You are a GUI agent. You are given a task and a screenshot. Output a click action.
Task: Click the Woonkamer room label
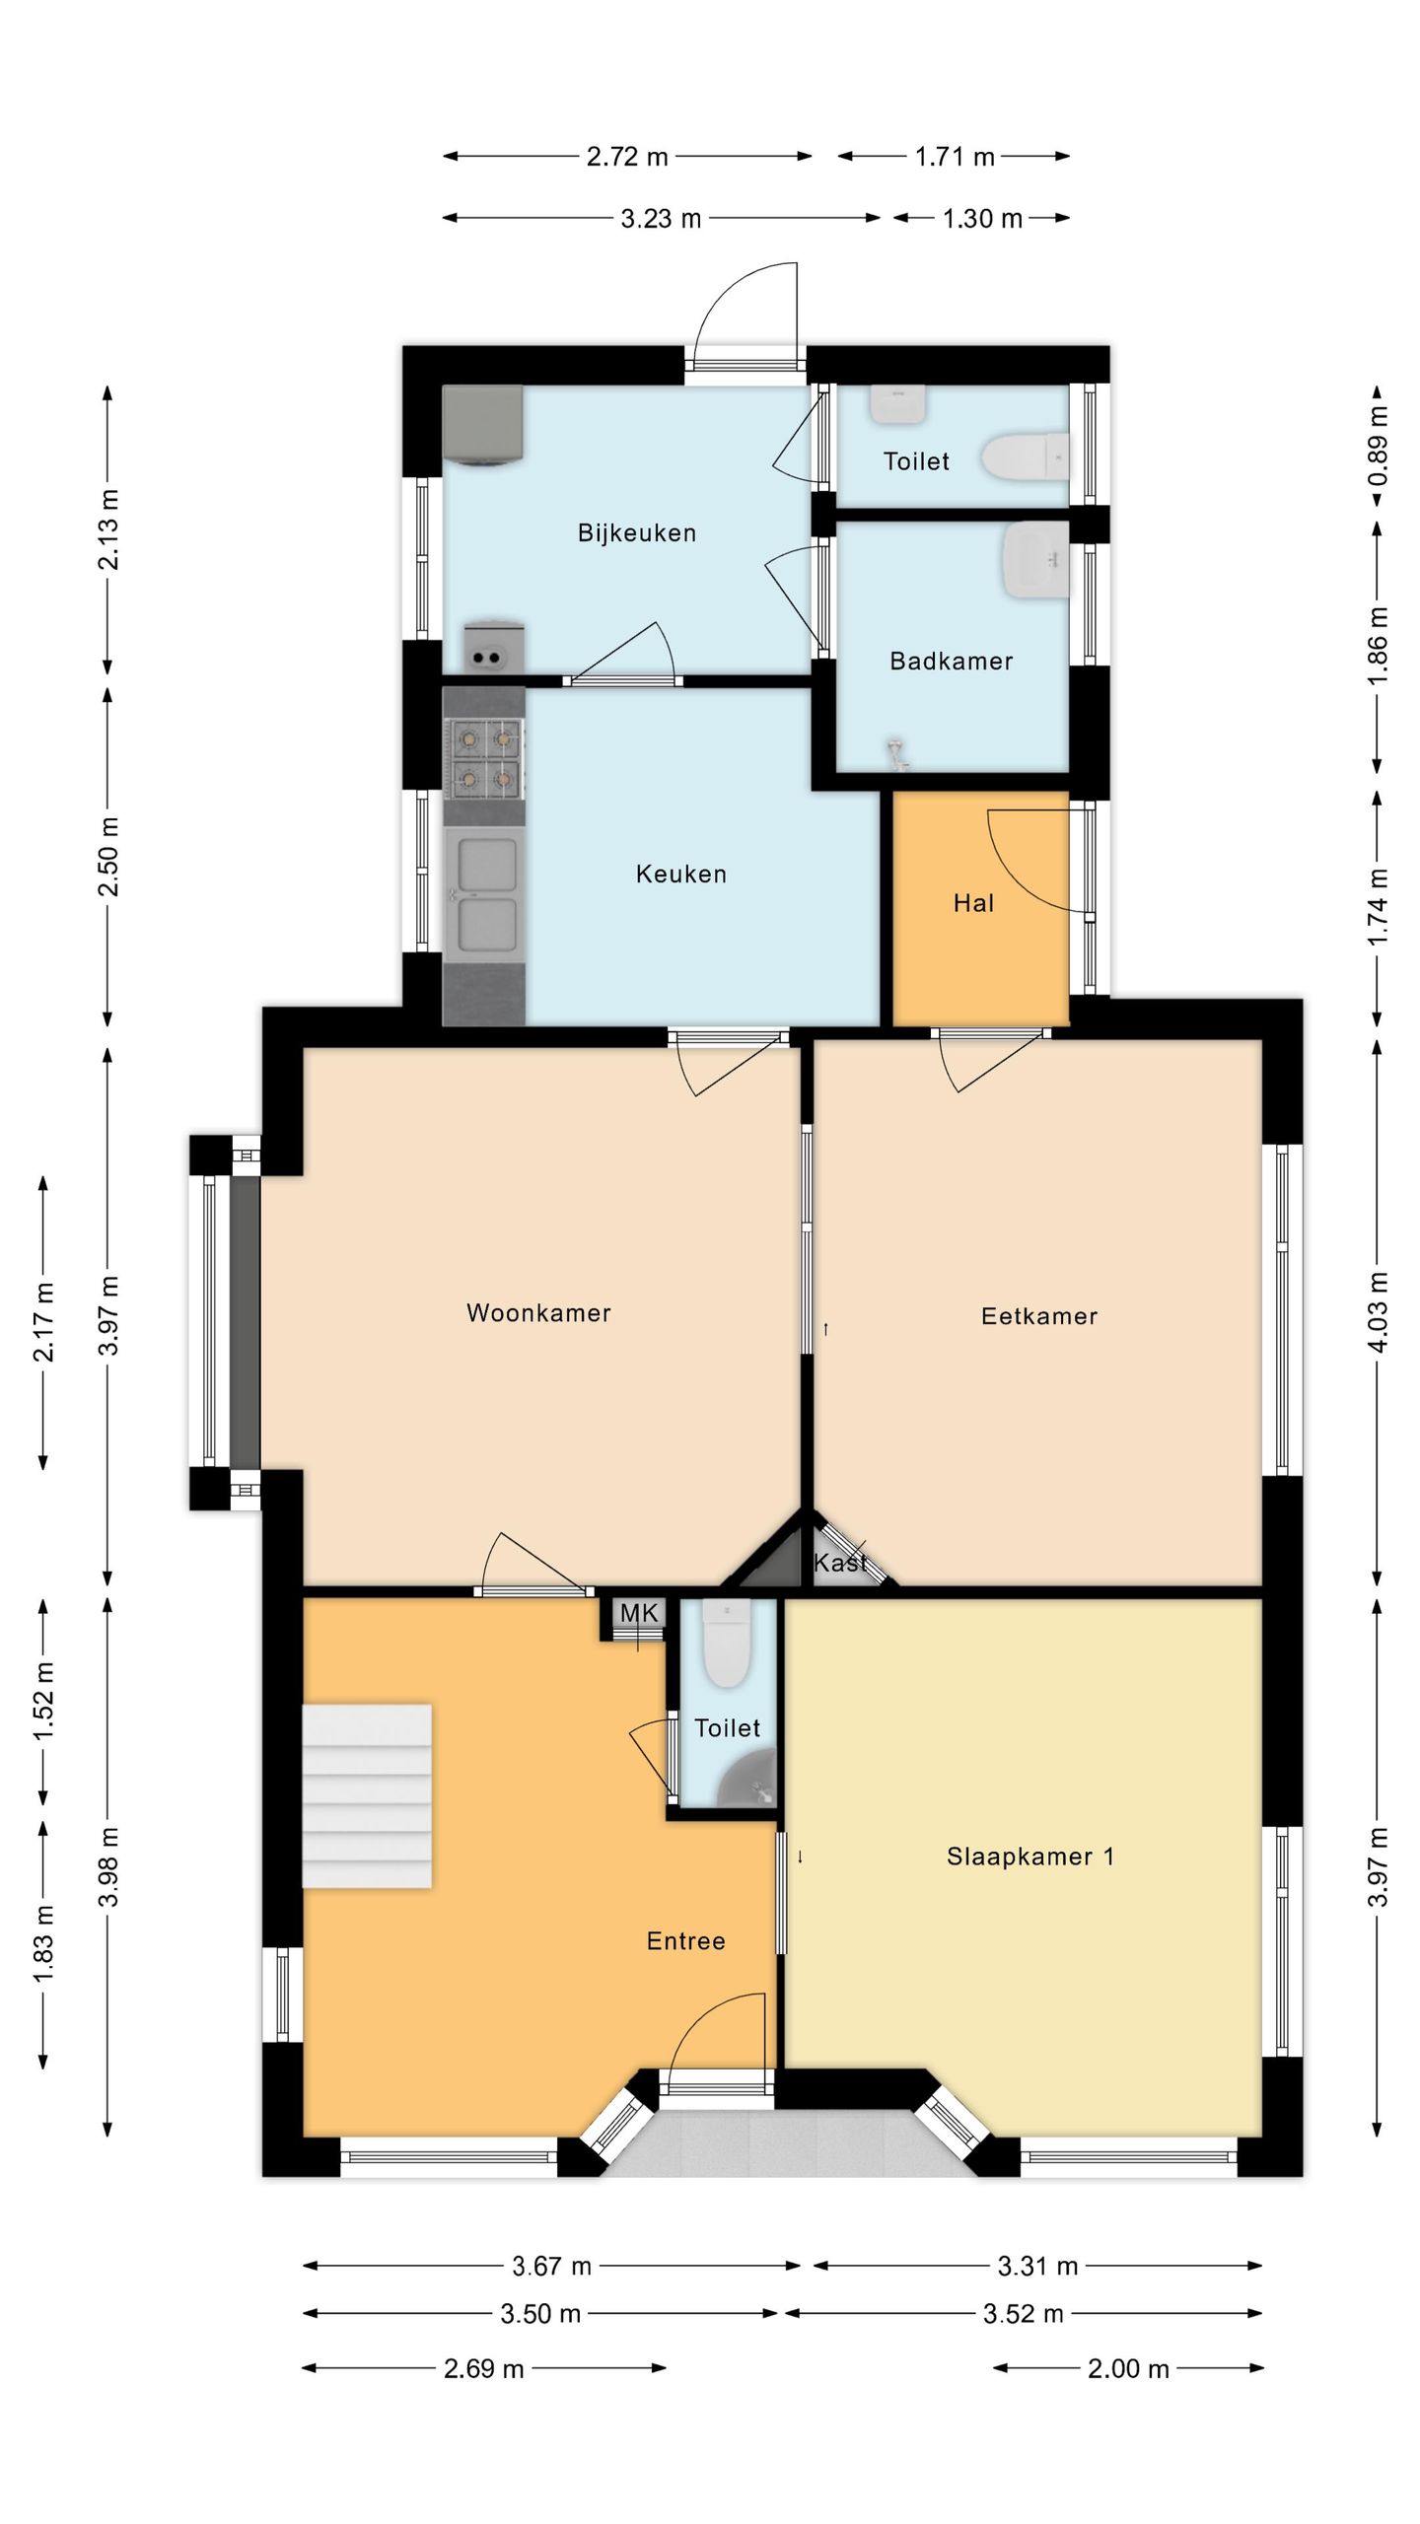[538, 1312]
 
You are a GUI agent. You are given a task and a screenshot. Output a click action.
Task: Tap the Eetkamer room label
[1039, 1315]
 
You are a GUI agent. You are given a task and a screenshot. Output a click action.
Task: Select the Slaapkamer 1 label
[1030, 1857]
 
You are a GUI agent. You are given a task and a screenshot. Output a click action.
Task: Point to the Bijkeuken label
[637, 533]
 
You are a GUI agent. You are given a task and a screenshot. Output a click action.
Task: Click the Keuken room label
[681, 874]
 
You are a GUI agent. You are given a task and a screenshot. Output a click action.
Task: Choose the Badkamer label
[952, 661]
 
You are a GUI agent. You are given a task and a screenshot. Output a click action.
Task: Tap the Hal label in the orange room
[973, 903]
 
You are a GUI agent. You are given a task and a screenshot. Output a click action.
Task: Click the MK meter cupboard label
[639, 1613]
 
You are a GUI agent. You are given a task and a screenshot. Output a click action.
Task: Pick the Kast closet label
[840, 1563]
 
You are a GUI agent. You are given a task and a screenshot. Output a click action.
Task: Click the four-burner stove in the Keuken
[484, 758]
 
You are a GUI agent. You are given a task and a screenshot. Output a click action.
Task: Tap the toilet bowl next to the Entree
[728, 1643]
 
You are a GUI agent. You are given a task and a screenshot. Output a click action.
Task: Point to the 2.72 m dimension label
[627, 156]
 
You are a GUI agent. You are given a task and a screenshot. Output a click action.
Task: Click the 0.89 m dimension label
[1379, 446]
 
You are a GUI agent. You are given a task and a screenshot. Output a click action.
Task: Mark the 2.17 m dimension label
[43, 1322]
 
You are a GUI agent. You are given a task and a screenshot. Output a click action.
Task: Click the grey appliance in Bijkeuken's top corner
[482, 425]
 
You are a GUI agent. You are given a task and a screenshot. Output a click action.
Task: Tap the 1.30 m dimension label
[982, 218]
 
